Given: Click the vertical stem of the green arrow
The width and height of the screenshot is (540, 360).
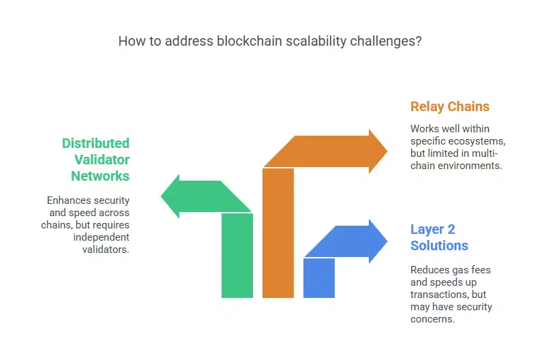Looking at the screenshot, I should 237,256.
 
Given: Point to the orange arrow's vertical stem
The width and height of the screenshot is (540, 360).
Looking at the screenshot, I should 278,232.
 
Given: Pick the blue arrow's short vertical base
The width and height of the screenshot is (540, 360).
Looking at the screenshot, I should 319,277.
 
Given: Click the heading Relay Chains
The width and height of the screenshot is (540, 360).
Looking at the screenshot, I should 449,106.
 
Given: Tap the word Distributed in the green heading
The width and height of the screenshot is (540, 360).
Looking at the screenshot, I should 95,143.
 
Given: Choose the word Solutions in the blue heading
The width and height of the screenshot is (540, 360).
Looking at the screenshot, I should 439,245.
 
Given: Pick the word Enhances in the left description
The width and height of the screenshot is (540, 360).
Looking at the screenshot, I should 68,200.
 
